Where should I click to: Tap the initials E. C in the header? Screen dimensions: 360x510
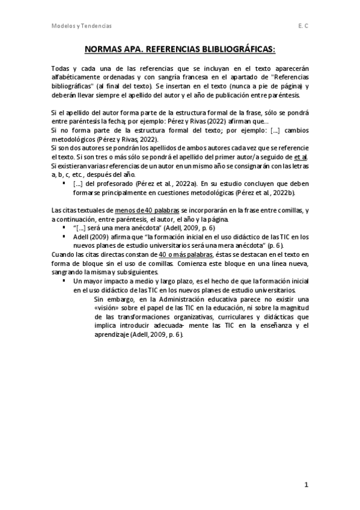pyautogui.click(x=302, y=26)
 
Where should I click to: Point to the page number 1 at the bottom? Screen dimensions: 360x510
pyautogui.click(x=305, y=484)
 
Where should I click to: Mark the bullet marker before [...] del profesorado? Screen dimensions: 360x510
pyautogui.click(x=64, y=183)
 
